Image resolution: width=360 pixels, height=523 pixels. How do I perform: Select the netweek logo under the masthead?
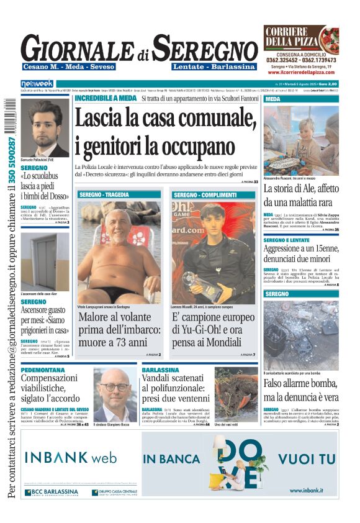tap(37, 83)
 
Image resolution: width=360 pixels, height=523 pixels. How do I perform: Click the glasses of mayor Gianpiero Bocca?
tap(115, 386)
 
